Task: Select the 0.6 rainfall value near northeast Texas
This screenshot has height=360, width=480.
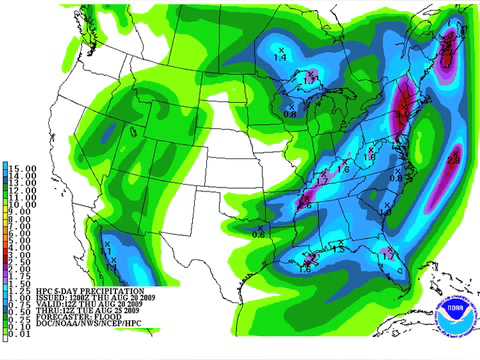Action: pos(258,234)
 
